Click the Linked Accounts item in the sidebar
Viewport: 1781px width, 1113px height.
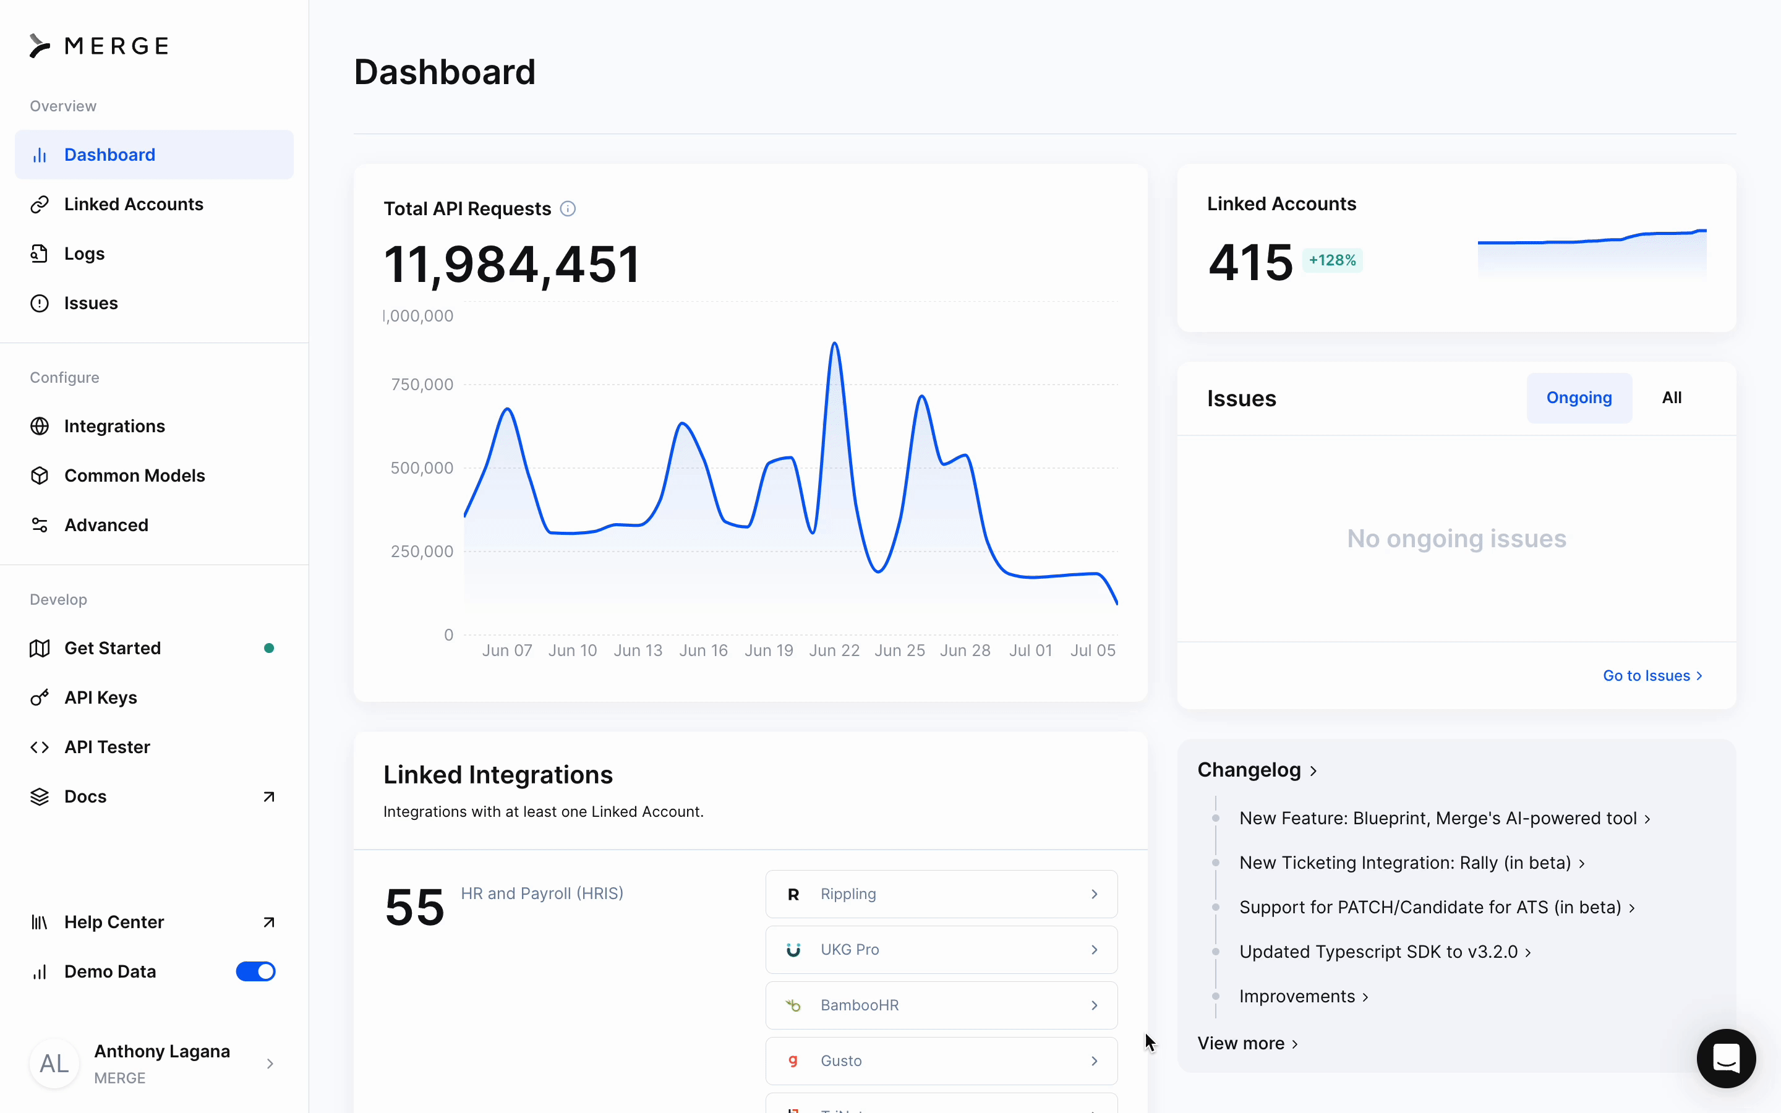pos(133,204)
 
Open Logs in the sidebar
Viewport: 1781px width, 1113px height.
pos(84,254)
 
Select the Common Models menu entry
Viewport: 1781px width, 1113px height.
pos(134,475)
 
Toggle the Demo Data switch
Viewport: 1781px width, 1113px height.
pos(255,971)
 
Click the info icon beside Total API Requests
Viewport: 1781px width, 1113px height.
pos(568,209)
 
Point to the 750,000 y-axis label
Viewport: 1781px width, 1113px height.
pos(422,384)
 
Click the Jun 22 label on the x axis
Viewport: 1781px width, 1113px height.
pos(834,650)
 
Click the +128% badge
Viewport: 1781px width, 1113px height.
pos(1332,260)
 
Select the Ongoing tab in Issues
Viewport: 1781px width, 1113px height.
pos(1579,398)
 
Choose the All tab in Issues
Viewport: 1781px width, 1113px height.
pos(1672,398)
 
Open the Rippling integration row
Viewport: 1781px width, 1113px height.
pos(941,894)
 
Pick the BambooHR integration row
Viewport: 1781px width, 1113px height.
pos(941,1005)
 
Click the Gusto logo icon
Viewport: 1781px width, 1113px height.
pos(793,1060)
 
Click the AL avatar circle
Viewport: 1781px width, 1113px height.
pos(54,1064)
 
